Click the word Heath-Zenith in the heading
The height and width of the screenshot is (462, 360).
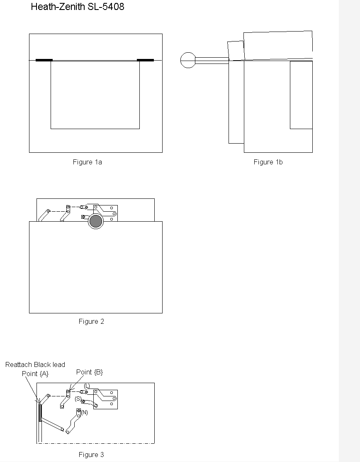tap(58, 7)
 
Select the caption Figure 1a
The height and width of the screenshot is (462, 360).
tap(88, 162)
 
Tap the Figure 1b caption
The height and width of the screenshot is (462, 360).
tap(268, 162)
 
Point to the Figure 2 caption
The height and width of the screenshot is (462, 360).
tap(91, 321)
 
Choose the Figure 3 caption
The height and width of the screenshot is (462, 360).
tap(91, 455)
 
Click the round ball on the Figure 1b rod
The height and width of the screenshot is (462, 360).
tap(188, 60)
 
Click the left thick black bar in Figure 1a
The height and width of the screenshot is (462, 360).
tap(44, 60)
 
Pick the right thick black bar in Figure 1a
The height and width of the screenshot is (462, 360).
tap(146, 60)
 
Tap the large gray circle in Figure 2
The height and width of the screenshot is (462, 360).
tap(96, 221)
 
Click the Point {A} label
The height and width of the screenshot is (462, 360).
tap(35, 374)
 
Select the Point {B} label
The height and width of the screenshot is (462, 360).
tap(90, 372)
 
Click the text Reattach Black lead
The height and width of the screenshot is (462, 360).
tap(35, 365)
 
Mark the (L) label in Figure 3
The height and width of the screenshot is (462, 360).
tap(87, 386)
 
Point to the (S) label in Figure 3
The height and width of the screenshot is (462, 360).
tap(78, 398)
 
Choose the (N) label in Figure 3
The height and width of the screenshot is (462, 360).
tap(85, 413)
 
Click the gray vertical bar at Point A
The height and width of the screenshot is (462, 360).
tap(40, 413)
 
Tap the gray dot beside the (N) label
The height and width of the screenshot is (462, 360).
tap(78, 411)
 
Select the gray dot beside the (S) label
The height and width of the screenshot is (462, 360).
tap(83, 401)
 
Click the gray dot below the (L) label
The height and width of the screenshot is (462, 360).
tap(86, 392)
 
